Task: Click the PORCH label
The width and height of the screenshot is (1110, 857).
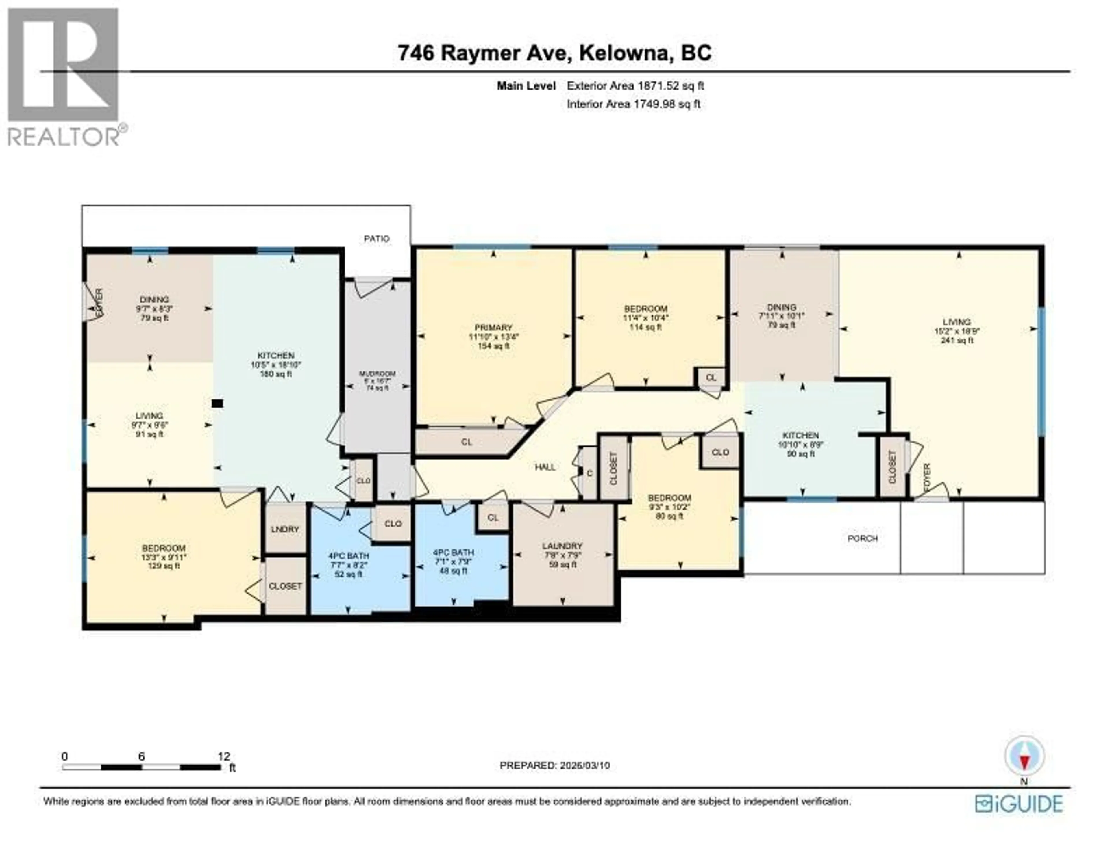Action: coord(863,538)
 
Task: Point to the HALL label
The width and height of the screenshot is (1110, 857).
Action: coord(545,467)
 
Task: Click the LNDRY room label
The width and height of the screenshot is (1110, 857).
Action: coord(285,529)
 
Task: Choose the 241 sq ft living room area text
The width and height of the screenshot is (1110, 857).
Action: coord(957,340)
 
